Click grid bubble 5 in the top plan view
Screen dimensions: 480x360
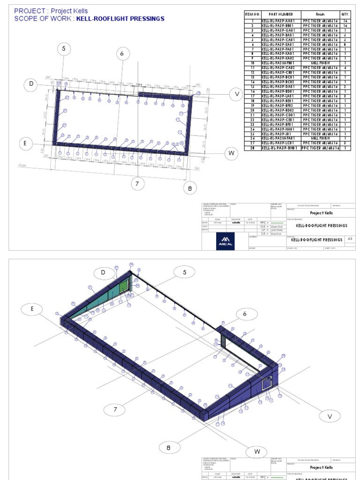coord(64,49)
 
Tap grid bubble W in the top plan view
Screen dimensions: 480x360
coord(231,153)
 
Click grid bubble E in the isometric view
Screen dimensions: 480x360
coord(32,309)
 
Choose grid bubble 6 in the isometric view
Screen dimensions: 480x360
coord(244,314)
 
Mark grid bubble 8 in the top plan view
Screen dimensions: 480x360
coord(190,188)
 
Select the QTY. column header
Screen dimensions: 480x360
coord(345,15)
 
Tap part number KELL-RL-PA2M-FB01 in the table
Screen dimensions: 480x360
coord(280,63)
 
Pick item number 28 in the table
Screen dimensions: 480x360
coord(252,148)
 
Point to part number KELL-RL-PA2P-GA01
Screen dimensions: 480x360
coord(280,30)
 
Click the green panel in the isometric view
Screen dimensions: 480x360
coord(123,286)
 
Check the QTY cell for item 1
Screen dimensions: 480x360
coord(345,21)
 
